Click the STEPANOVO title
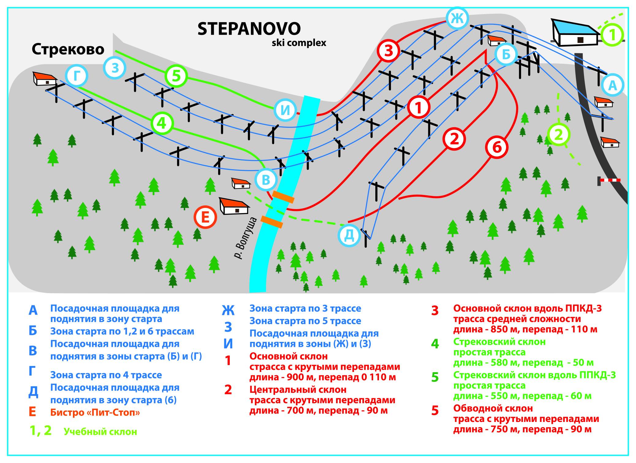249,29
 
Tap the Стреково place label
68,49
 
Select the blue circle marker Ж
457,18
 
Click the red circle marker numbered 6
497,147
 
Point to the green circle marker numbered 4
162,123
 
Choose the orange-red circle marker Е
205,217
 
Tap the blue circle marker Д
349,235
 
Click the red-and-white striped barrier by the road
609,180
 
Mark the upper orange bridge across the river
283,197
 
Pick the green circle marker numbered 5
176,76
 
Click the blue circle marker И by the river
285,110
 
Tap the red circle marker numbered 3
388,51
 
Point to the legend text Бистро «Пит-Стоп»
95,412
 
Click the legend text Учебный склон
100,432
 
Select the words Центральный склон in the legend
298,390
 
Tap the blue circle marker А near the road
612,85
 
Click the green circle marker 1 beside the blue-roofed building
612,35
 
